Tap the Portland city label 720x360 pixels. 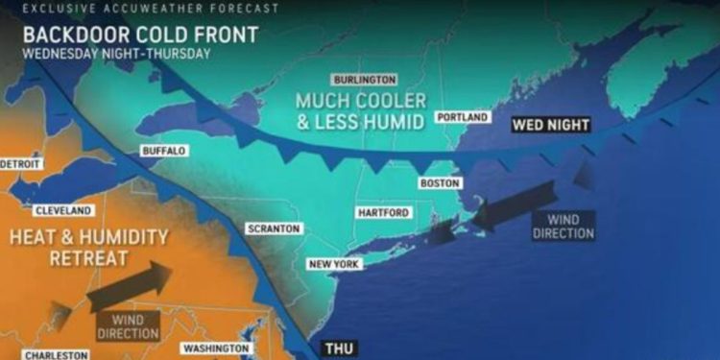click(x=464, y=117)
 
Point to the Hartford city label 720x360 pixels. click(x=383, y=212)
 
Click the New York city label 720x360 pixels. click(x=333, y=263)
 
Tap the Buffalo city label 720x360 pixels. click(x=163, y=151)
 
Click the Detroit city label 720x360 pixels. click(x=20, y=164)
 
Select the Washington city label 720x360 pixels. click(x=216, y=348)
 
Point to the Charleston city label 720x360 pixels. click(x=56, y=355)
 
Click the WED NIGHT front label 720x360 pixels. click(x=550, y=125)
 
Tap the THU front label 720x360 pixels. click(x=339, y=349)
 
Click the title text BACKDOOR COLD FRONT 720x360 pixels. click(x=140, y=35)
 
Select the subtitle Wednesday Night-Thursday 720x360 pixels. click(x=115, y=54)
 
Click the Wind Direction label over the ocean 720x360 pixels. click(x=564, y=226)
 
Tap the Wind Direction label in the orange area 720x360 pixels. click(x=128, y=326)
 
